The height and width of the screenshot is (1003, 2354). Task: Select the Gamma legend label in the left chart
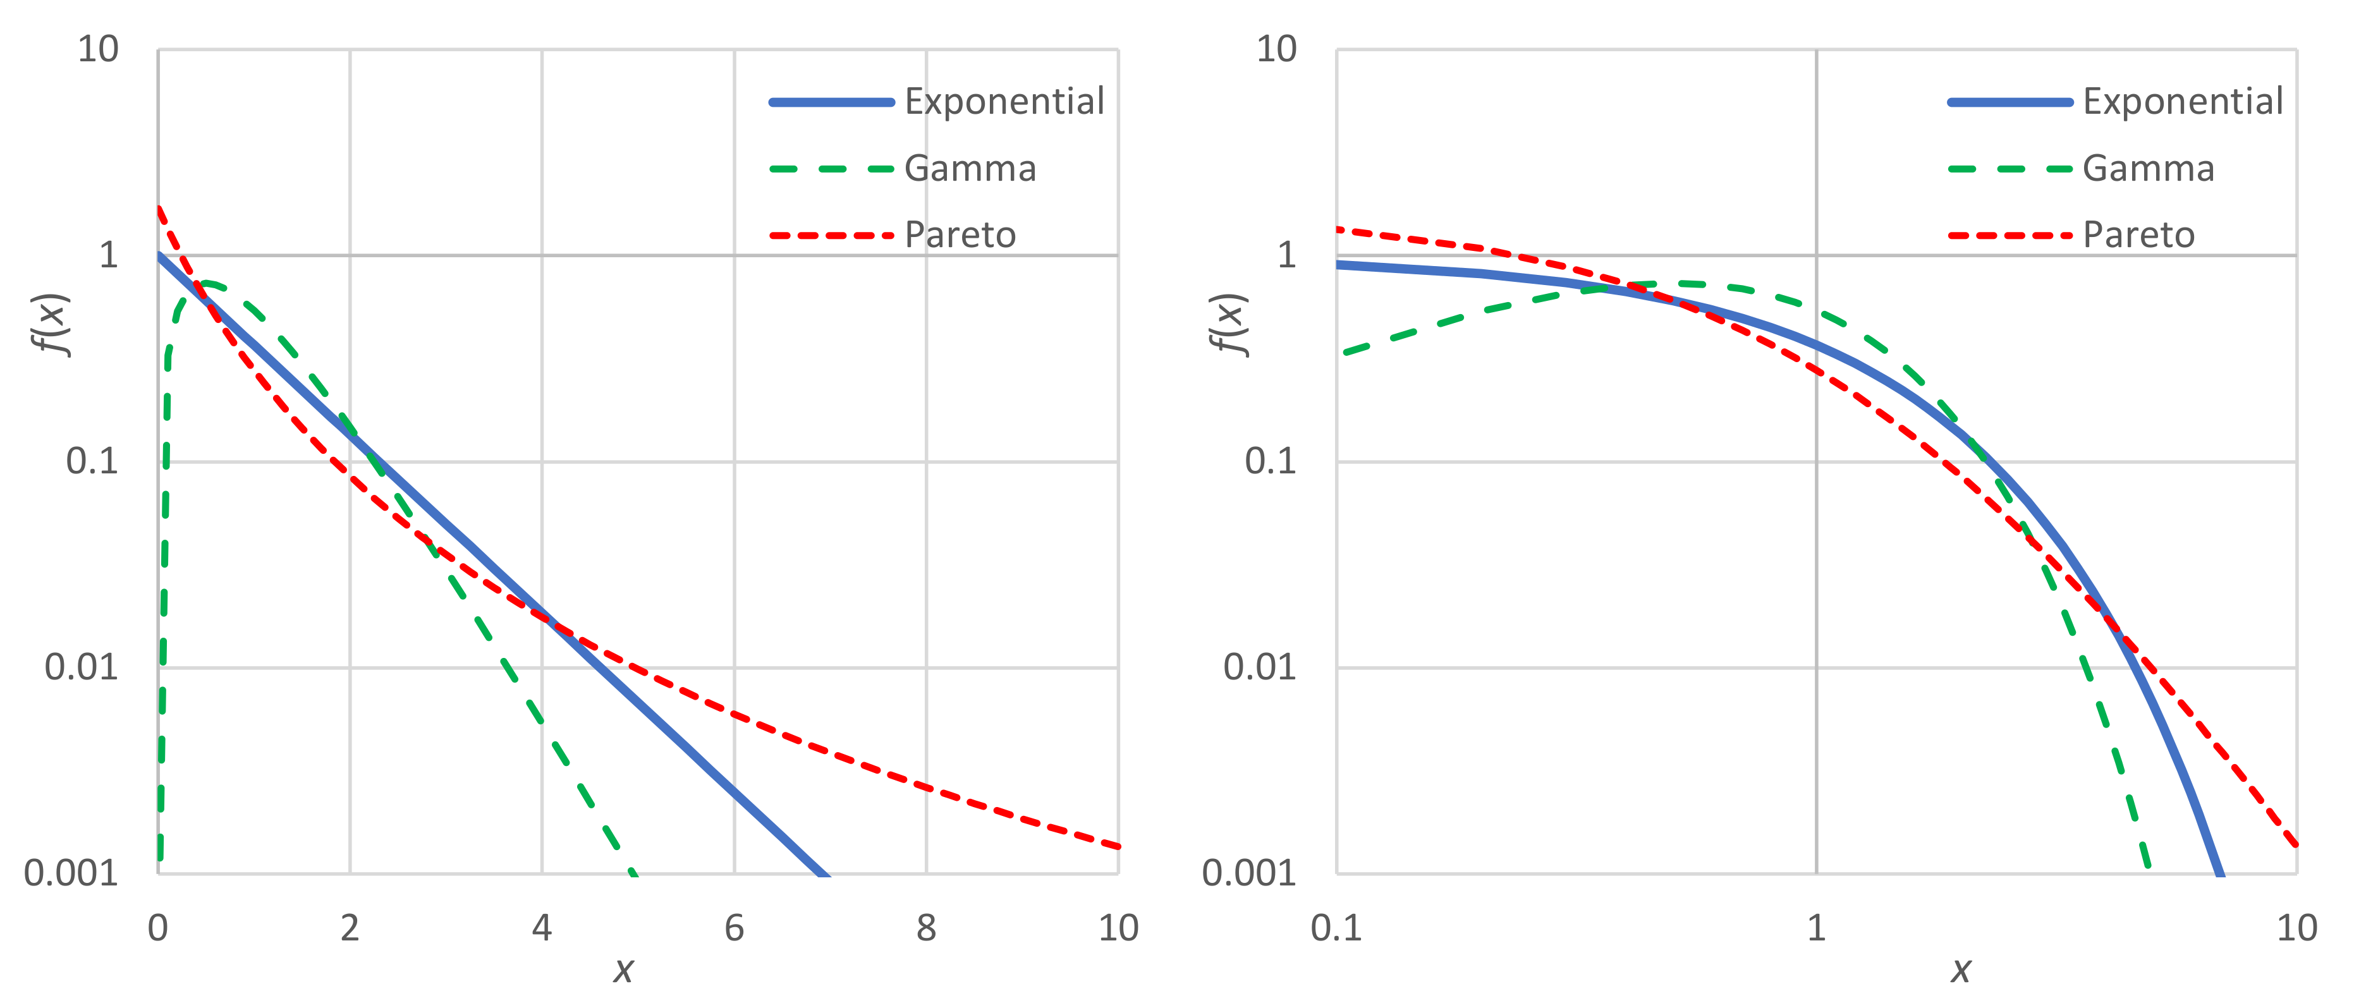click(x=970, y=169)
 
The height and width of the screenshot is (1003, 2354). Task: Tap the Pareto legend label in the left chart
click(x=960, y=236)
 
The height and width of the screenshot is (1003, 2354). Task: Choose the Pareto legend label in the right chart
click(x=2138, y=236)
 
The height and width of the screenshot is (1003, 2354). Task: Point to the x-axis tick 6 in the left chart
click(x=734, y=928)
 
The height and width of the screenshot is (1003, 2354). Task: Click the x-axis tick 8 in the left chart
click(x=925, y=928)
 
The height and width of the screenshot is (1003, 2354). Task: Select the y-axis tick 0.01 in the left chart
click(x=82, y=668)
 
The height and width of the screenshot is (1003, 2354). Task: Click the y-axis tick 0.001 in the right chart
click(x=1248, y=873)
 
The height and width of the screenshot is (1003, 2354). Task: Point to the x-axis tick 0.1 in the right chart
click(x=1336, y=928)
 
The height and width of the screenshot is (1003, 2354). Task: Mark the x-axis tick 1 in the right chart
click(x=1816, y=928)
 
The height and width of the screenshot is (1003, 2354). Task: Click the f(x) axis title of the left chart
click(x=51, y=324)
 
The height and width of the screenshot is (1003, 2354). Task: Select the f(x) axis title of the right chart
click(x=1228, y=324)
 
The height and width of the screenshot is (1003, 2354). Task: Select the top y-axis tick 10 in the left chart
click(x=98, y=49)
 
